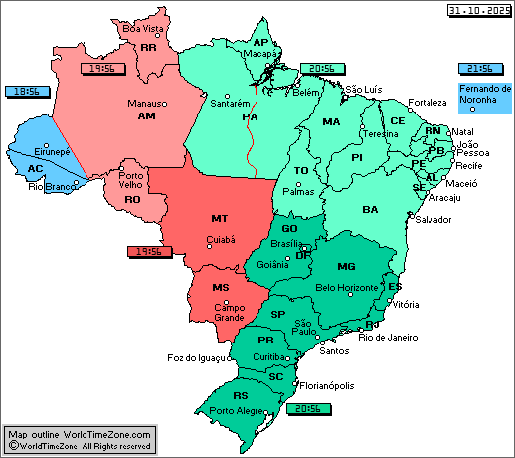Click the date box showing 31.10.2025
pos(478,10)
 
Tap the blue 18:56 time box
pos(27,91)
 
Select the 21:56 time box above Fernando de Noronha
pos(475,69)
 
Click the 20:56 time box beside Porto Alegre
pos(303,408)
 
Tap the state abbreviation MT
pos(220,217)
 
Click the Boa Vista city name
pos(142,29)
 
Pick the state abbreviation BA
pos(370,209)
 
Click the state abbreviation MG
pos(346,266)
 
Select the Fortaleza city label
pos(428,103)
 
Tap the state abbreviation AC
pos(35,168)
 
